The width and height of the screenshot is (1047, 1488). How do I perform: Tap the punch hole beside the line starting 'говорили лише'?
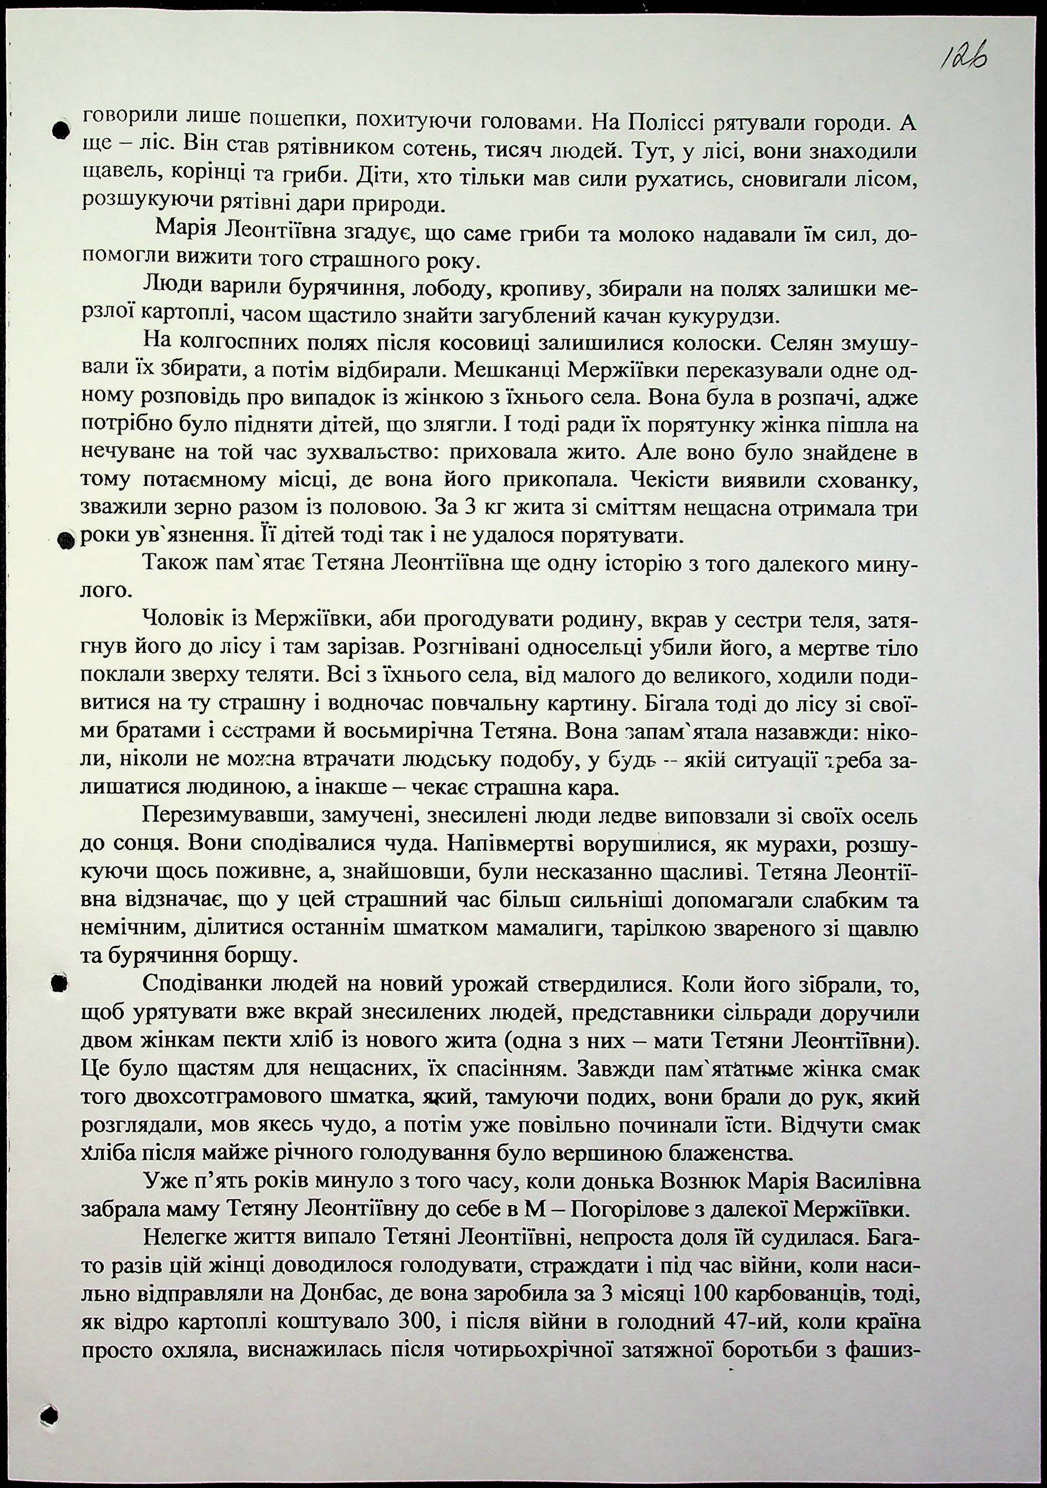(x=60, y=130)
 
